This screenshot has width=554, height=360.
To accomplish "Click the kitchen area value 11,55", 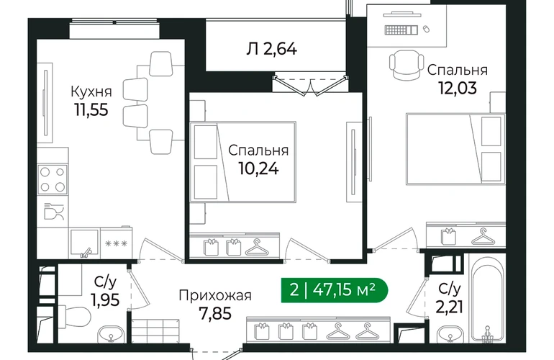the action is tap(91, 109).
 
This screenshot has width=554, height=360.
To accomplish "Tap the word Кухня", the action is tap(91, 91).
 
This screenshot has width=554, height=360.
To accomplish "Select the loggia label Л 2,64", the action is tap(272, 49).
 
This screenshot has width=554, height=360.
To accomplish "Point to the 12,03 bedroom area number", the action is tap(458, 88).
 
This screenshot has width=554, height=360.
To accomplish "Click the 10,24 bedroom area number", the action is tap(258, 168).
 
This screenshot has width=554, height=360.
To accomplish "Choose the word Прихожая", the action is tap(215, 295).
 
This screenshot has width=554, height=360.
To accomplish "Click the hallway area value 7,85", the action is tap(215, 313).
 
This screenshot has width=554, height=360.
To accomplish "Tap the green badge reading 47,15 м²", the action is tap(335, 290).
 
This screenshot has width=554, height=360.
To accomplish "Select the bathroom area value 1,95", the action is tap(105, 300).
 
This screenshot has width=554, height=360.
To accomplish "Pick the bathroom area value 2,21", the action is tap(449, 307).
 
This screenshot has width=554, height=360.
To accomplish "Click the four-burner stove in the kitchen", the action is tap(53, 179).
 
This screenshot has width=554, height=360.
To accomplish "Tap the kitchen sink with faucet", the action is tap(84, 243).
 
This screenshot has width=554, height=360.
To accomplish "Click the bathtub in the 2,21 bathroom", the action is tap(488, 304).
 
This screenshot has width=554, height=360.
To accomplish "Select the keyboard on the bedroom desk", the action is tap(401, 30).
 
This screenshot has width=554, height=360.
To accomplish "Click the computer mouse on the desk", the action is tap(427, 29).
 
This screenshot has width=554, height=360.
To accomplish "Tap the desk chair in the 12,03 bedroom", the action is tap(407, 65).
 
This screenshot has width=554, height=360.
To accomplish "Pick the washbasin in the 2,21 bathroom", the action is tap(450, 335).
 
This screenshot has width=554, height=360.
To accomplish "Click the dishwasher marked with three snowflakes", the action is tap(116, 243).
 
